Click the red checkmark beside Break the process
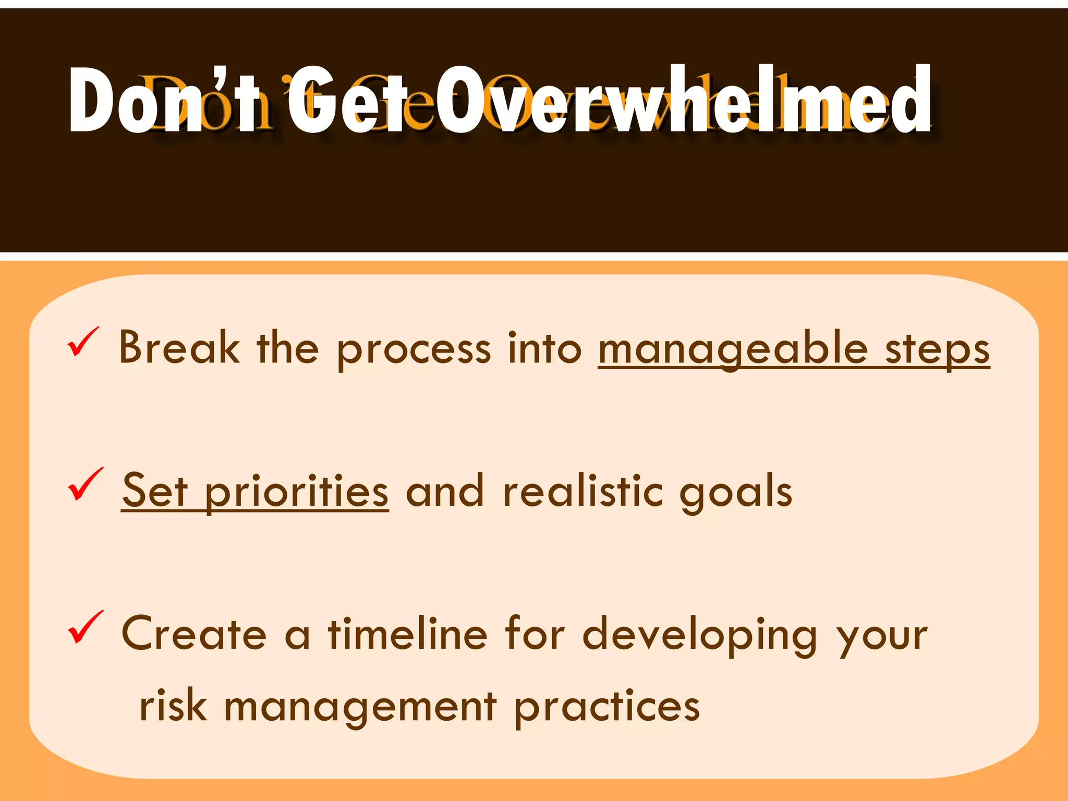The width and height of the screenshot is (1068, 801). click(82, 342)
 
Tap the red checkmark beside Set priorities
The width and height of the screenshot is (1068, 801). click(85, 484)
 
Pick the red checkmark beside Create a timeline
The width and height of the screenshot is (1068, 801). click(85, 627)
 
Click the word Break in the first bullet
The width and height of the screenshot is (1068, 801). click(179, 347)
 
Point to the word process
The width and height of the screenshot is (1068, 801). click(414, 349)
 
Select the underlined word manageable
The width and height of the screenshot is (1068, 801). click(733, 349)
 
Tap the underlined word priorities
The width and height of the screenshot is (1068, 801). click(296, 492)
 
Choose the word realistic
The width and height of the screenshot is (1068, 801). click(582, 491)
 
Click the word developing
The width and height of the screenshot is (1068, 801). click(700, 635)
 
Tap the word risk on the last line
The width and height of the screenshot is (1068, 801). click(173, 706)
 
